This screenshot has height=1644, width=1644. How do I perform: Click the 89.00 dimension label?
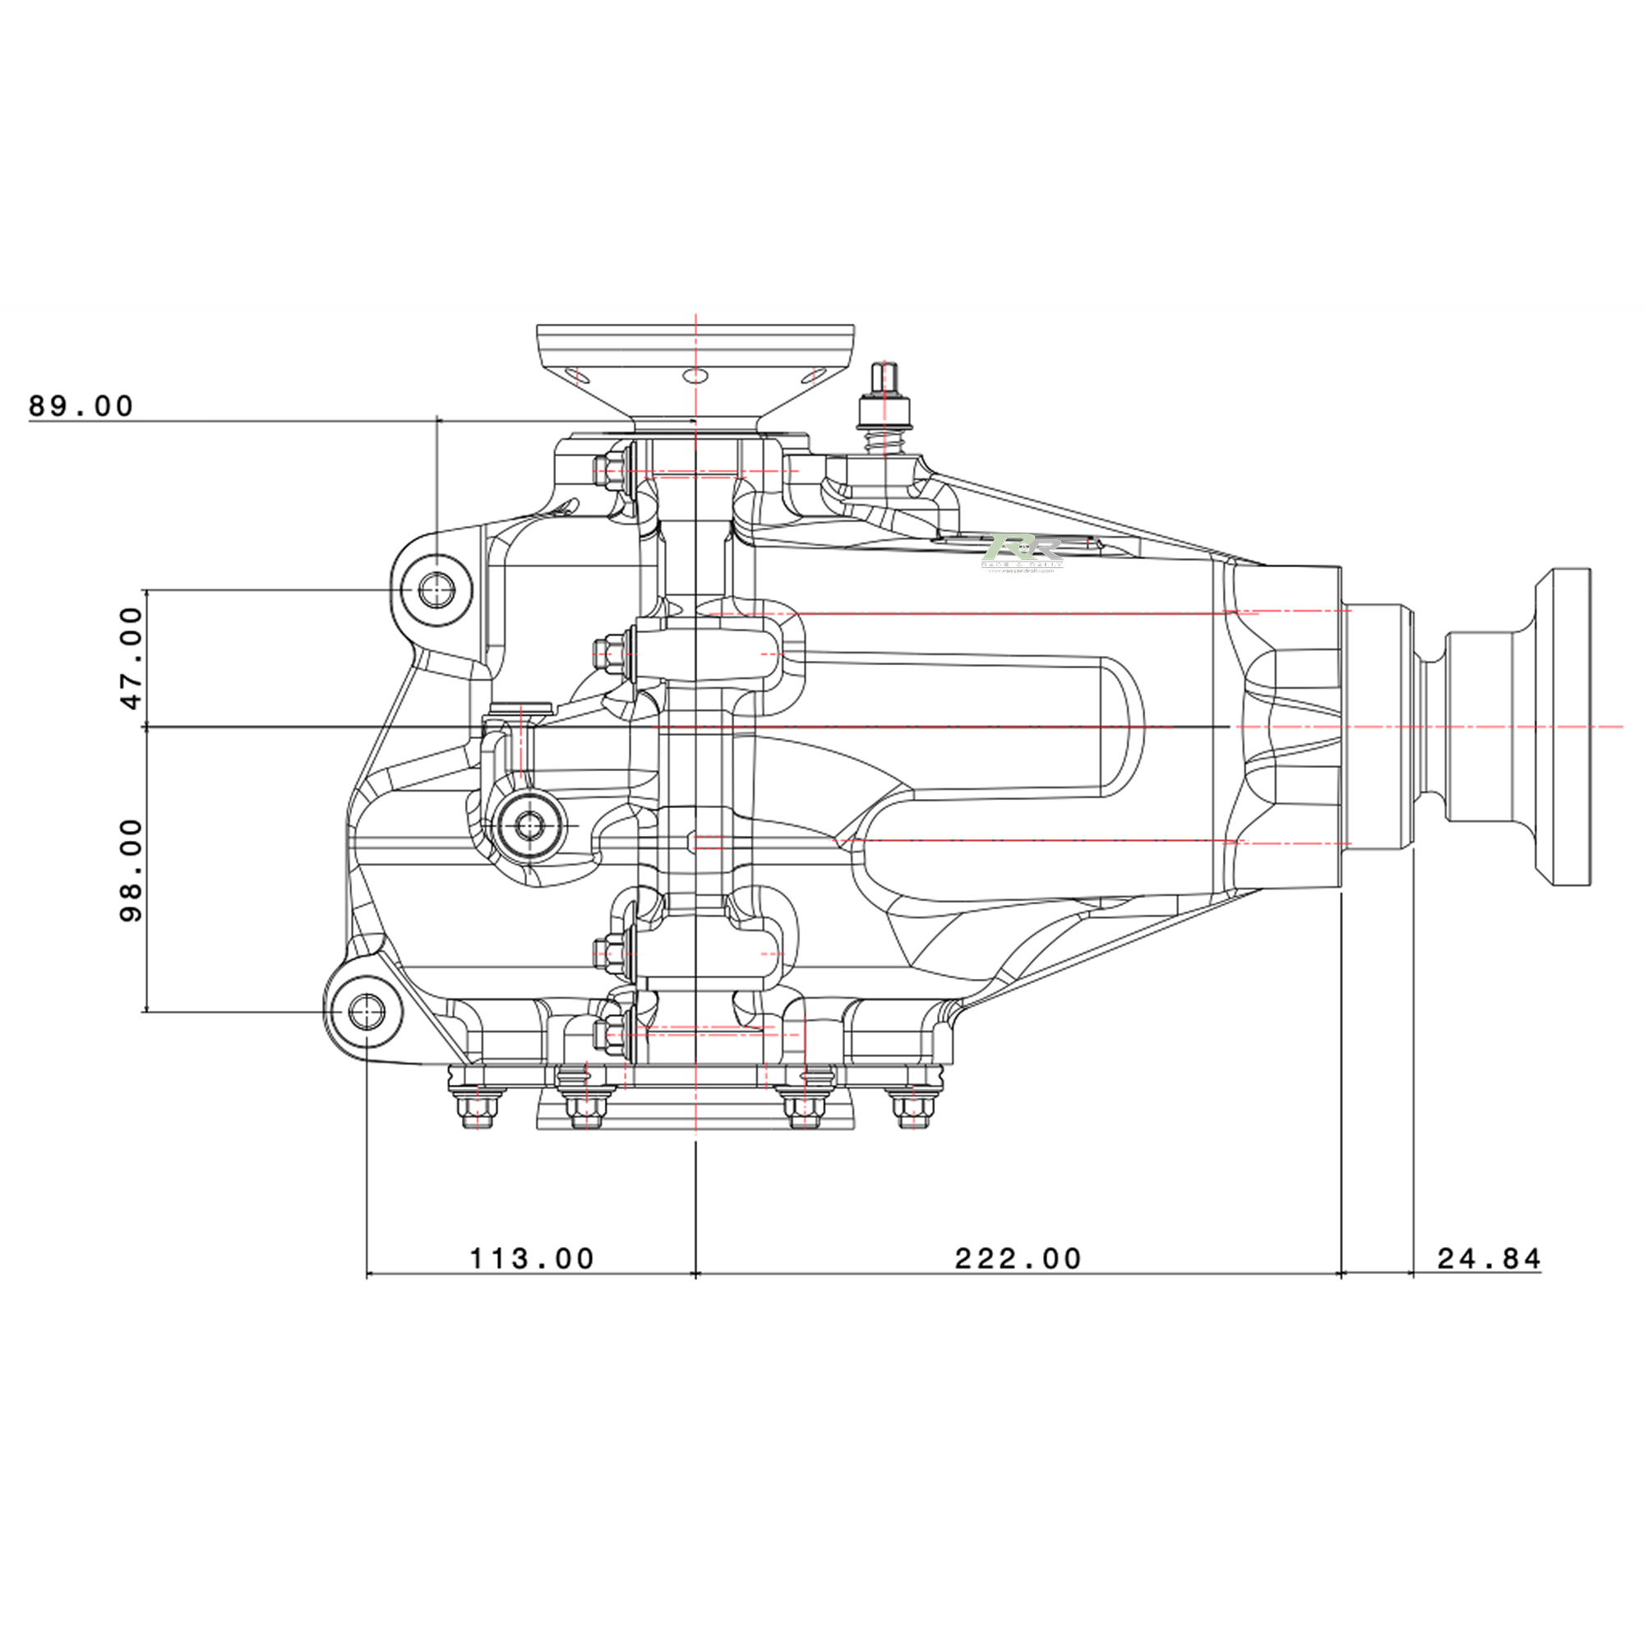[x=81, y=406]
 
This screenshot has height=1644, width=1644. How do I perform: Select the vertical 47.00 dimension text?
[x=132, y=658]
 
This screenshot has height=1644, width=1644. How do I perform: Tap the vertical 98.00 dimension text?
[x=132, y=870]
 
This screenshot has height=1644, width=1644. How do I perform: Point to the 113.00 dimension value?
[x=532, y=1258]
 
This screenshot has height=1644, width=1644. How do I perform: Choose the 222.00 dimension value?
[x=1018, y=1258]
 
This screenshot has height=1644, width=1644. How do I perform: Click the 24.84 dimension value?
[x=1489, y=1258]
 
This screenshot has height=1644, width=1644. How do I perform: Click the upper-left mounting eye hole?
[x=436, y=589]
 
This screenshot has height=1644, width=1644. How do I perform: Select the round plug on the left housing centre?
[x=530, y=824]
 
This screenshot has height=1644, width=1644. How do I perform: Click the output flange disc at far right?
[x=1564, y=727]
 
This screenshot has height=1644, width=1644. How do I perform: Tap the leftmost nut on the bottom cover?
[x=478, y=1107]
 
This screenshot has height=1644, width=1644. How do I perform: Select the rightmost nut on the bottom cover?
[x=912, y=1107]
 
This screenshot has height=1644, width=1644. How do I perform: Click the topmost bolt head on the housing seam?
[x=605, y=469]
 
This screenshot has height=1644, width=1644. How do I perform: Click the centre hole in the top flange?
[x=696, y=376]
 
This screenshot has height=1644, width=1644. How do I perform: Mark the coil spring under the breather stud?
[x=886, y=441]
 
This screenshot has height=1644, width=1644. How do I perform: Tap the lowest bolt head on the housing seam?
[x=605, y=1033]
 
